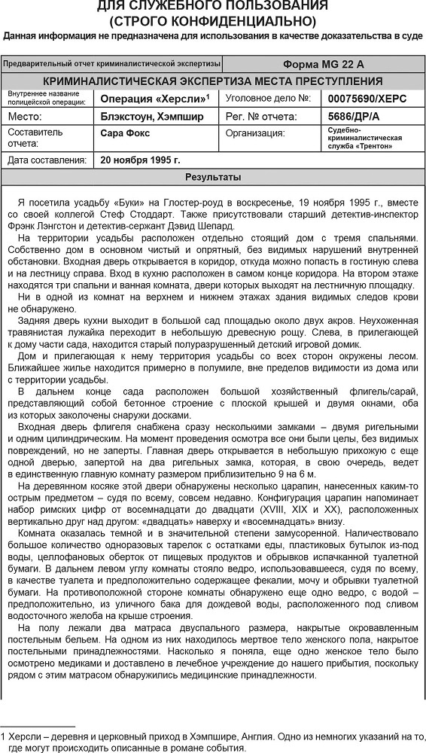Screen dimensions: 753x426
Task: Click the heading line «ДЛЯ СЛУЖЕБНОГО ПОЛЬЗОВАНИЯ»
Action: point(212,6)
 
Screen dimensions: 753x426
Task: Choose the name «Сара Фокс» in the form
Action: point(125,133)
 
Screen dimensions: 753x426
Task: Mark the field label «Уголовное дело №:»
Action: point(267,99)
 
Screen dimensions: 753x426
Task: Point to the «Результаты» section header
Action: point(213,178)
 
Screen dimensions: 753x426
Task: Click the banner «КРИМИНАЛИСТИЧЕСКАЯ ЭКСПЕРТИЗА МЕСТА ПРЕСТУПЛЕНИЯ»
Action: point(212,81)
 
